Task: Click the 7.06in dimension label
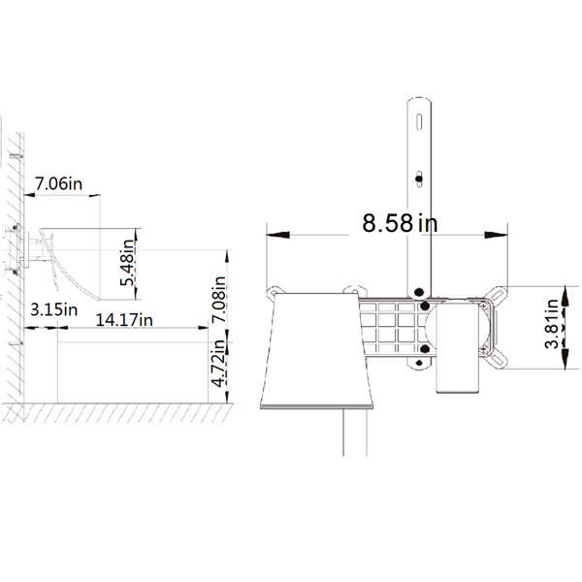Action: (x=58, y=183)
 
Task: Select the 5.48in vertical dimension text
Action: (x=128, y=263)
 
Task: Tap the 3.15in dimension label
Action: (x=53, y=309)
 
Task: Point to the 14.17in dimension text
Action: (x=124, y=320)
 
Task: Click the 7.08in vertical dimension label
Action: (x=219, y=299)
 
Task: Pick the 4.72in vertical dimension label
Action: (x=218, y=364)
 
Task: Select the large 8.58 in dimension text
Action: (x=400, y=223)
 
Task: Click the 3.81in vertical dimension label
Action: (x=552, y=324)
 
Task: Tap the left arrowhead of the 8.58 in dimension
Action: (x=278, y=235)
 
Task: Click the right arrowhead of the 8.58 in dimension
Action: (x=496, y=235)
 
